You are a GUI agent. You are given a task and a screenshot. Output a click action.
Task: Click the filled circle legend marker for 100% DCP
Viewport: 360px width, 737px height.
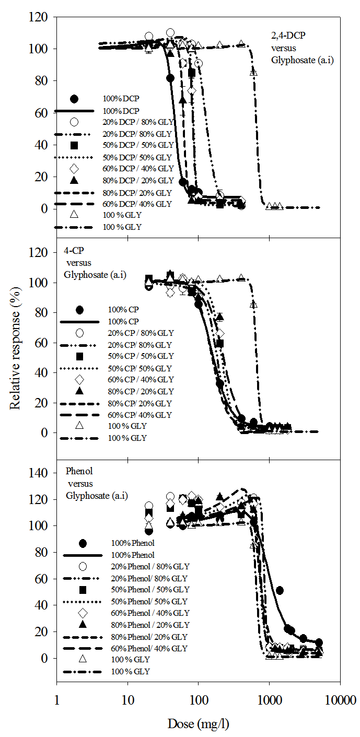[x=74, y=99]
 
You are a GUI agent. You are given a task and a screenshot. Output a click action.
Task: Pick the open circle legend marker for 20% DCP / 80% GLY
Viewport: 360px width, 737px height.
[x=74, y=122]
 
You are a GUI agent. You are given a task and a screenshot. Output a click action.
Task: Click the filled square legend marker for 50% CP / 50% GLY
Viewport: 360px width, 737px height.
[x=80, y=356]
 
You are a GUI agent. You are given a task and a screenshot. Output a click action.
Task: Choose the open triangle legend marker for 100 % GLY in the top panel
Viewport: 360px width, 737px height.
[x=74, y=215]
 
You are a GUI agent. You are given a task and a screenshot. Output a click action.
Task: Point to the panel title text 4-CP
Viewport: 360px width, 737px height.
[x=73, y=251]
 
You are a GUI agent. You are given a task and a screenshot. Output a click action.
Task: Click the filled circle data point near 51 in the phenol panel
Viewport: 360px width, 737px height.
[x=280, y=590]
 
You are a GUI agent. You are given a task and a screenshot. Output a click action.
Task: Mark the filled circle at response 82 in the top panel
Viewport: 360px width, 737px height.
[x=170, y=78]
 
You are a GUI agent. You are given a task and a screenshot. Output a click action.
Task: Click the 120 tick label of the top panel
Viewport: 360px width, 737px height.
[x=41, y=18]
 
